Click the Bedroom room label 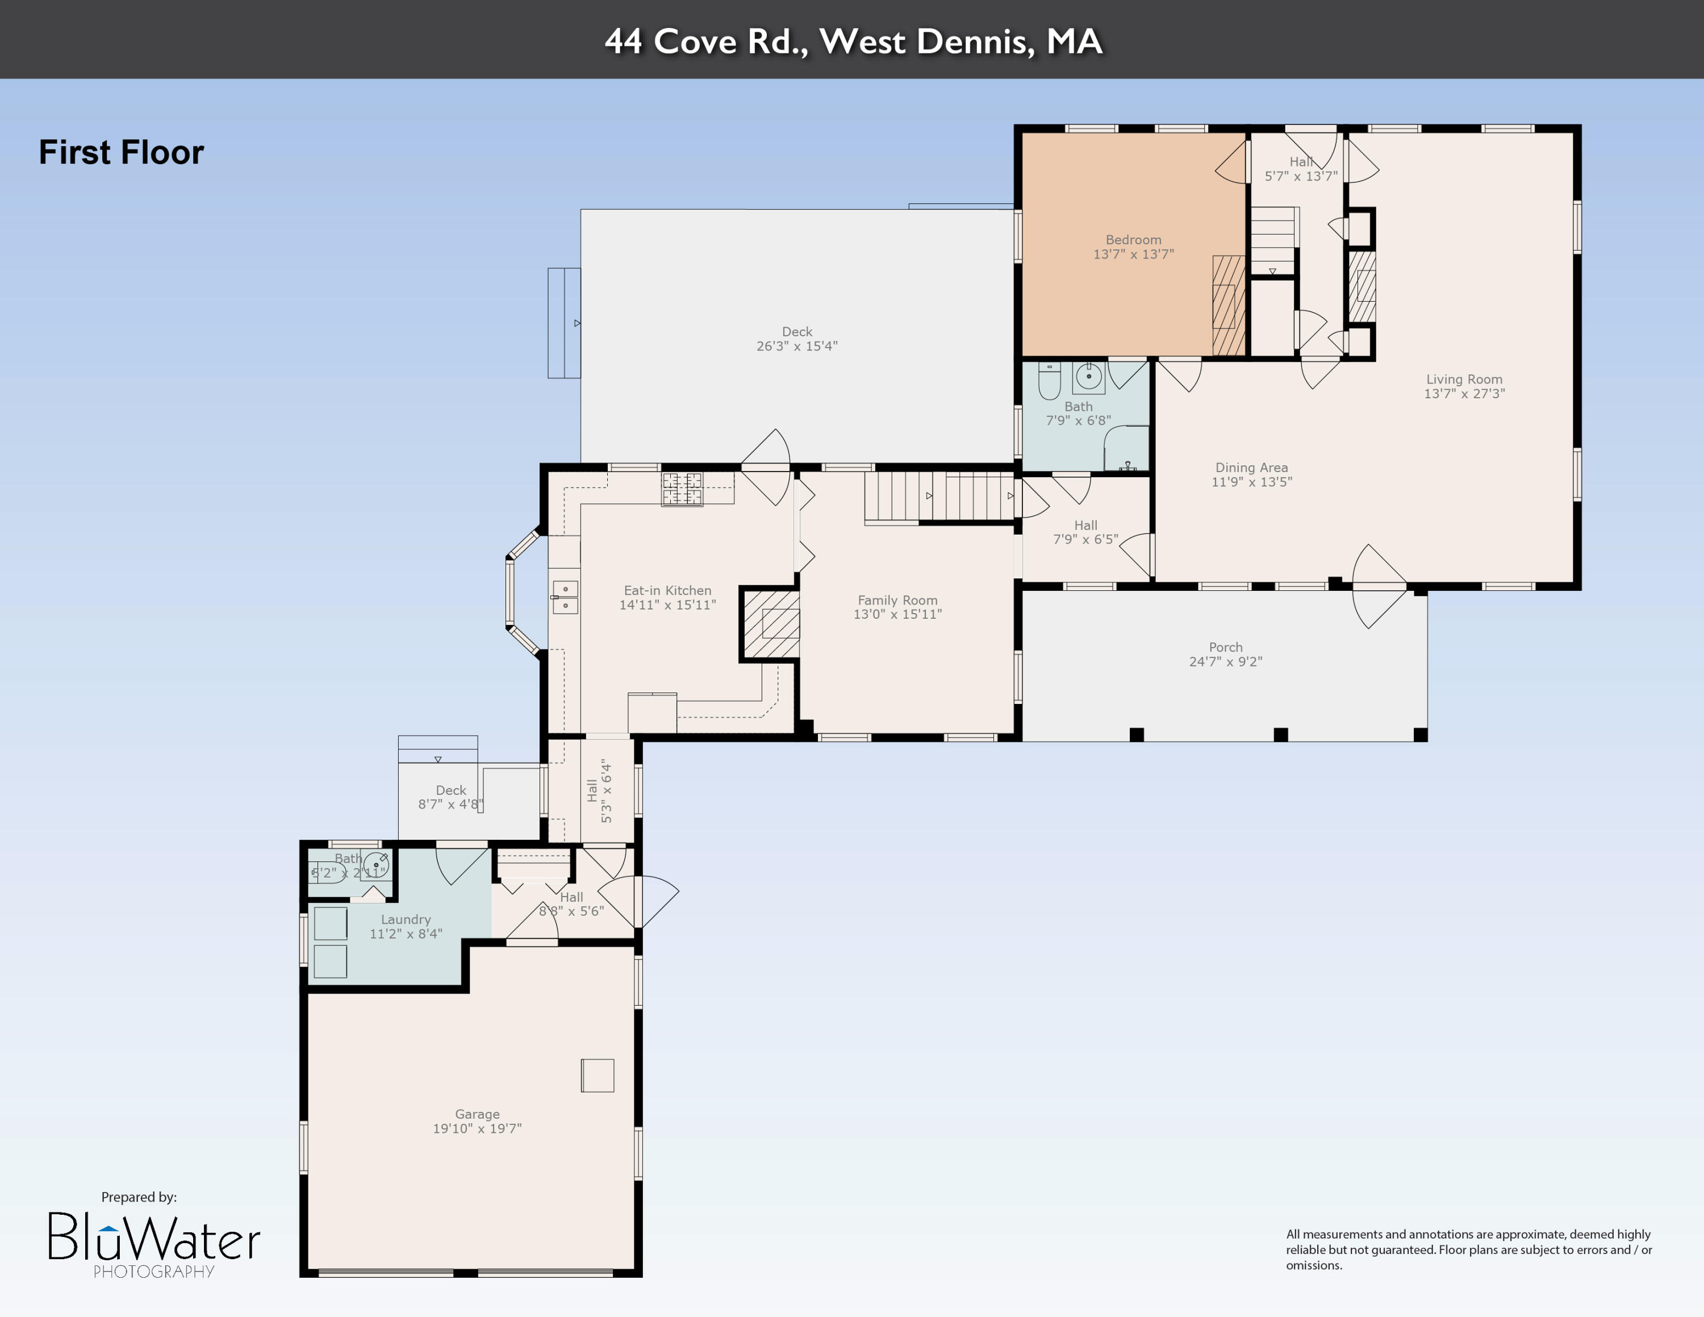(1133, 240)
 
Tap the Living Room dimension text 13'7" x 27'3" (1464, 394)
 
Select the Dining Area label (1251, 468)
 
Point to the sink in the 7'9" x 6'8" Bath (1088, 377)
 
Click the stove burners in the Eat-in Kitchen (682, 489)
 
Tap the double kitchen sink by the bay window (565, 597)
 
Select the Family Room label (897, 600)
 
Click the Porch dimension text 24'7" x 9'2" (1225, 661)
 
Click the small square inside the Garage (597, 1075)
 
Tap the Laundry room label (405, 919)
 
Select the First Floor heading (121, 152)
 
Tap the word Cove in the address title (695, 41)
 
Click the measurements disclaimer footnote (1468, 1249)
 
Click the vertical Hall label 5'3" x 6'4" (599, 791)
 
